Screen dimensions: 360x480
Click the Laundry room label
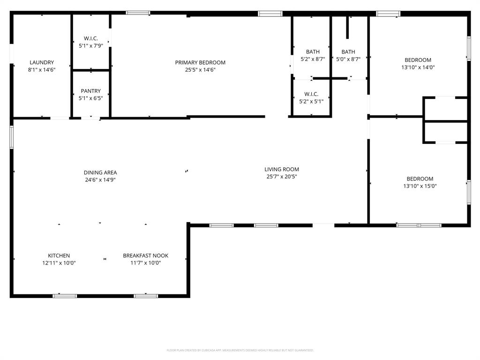click(42, 62)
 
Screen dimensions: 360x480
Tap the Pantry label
click(90, 91)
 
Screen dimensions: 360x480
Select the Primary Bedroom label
click(200, 62)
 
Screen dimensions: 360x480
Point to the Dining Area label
click(100, 172)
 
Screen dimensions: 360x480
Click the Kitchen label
click(59, 255)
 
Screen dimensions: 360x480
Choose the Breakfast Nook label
click(145, 255)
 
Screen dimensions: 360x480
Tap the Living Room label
click(281, 169)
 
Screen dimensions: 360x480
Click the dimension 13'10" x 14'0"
click(418, 67)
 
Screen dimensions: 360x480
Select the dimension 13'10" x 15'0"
click(420, 186)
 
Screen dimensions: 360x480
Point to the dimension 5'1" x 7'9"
click(90, 46)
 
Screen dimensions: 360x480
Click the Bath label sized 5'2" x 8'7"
click(313, 52)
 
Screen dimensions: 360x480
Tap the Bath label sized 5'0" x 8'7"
click(348, 52)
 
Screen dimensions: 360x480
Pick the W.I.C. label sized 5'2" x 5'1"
click(311, 94)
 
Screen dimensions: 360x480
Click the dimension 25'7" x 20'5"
click(281, 177)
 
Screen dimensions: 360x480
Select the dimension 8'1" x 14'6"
click(42, 70)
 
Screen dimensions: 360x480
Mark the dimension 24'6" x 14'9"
click(100, 180)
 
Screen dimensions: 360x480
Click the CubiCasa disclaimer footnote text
click(240, 350)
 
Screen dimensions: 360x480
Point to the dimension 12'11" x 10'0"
click(59, 263)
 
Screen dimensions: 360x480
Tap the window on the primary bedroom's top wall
click(138, 13)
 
